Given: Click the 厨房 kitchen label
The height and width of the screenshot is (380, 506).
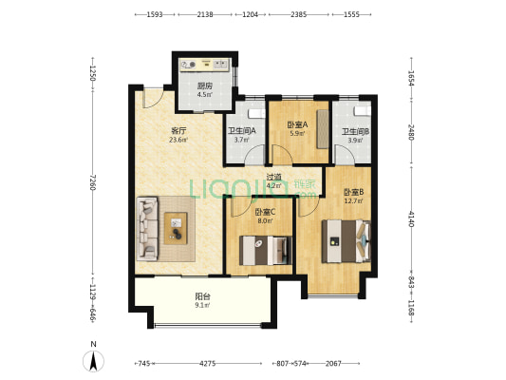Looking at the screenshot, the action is coord(205,86).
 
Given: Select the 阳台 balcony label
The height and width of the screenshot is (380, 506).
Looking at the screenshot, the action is coord(203,296).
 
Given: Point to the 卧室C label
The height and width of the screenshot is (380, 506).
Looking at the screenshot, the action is coord(265,212).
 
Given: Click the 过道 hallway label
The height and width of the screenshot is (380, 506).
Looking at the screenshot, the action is coord(274,177).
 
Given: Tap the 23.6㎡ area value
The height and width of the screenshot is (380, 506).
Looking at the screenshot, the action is coord(178,140).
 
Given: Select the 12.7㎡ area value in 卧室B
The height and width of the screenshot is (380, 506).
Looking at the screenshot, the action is coord(353,201).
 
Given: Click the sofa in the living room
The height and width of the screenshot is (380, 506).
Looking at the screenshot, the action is coord(147,229).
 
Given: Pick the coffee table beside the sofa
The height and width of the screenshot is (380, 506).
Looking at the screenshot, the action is coord(176,228).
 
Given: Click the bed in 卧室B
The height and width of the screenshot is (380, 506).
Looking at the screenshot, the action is coord(346,241).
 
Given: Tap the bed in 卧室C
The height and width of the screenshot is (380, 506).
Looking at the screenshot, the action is coord(265,251).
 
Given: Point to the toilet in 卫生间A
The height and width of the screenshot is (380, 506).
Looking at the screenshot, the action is coord(256,114).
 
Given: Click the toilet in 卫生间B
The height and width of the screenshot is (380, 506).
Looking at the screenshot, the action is coord(362,111).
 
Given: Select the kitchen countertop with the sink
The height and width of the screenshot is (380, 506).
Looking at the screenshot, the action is coord(205,65).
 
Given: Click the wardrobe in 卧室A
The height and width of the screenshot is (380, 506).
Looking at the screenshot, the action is coord(323,129).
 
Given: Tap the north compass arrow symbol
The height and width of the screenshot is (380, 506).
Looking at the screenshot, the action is coord(93,361).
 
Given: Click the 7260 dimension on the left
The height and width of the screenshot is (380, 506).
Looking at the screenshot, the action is coord(93,182).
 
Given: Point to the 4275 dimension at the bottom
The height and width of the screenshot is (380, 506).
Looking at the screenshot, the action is coord(207,364).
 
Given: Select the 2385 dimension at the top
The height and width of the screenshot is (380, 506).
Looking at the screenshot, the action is coord(298,14).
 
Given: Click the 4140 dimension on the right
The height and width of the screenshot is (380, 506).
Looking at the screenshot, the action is coord(411,218).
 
